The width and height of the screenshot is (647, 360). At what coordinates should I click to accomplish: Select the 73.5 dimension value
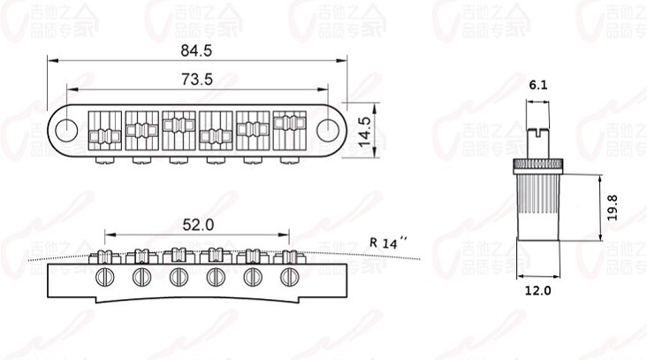click(x=197, y=80)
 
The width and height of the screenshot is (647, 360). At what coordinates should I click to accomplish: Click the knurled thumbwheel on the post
click(x=538, y=166)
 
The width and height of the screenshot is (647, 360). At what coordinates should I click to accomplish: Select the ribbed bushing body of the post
click(x=538, y=211)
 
